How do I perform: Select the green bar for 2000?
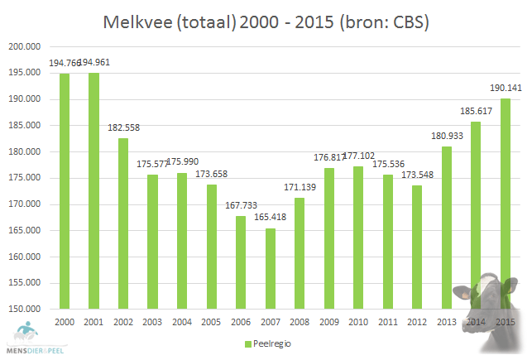(x=65, y=190)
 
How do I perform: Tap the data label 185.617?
(x=475, y=113)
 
